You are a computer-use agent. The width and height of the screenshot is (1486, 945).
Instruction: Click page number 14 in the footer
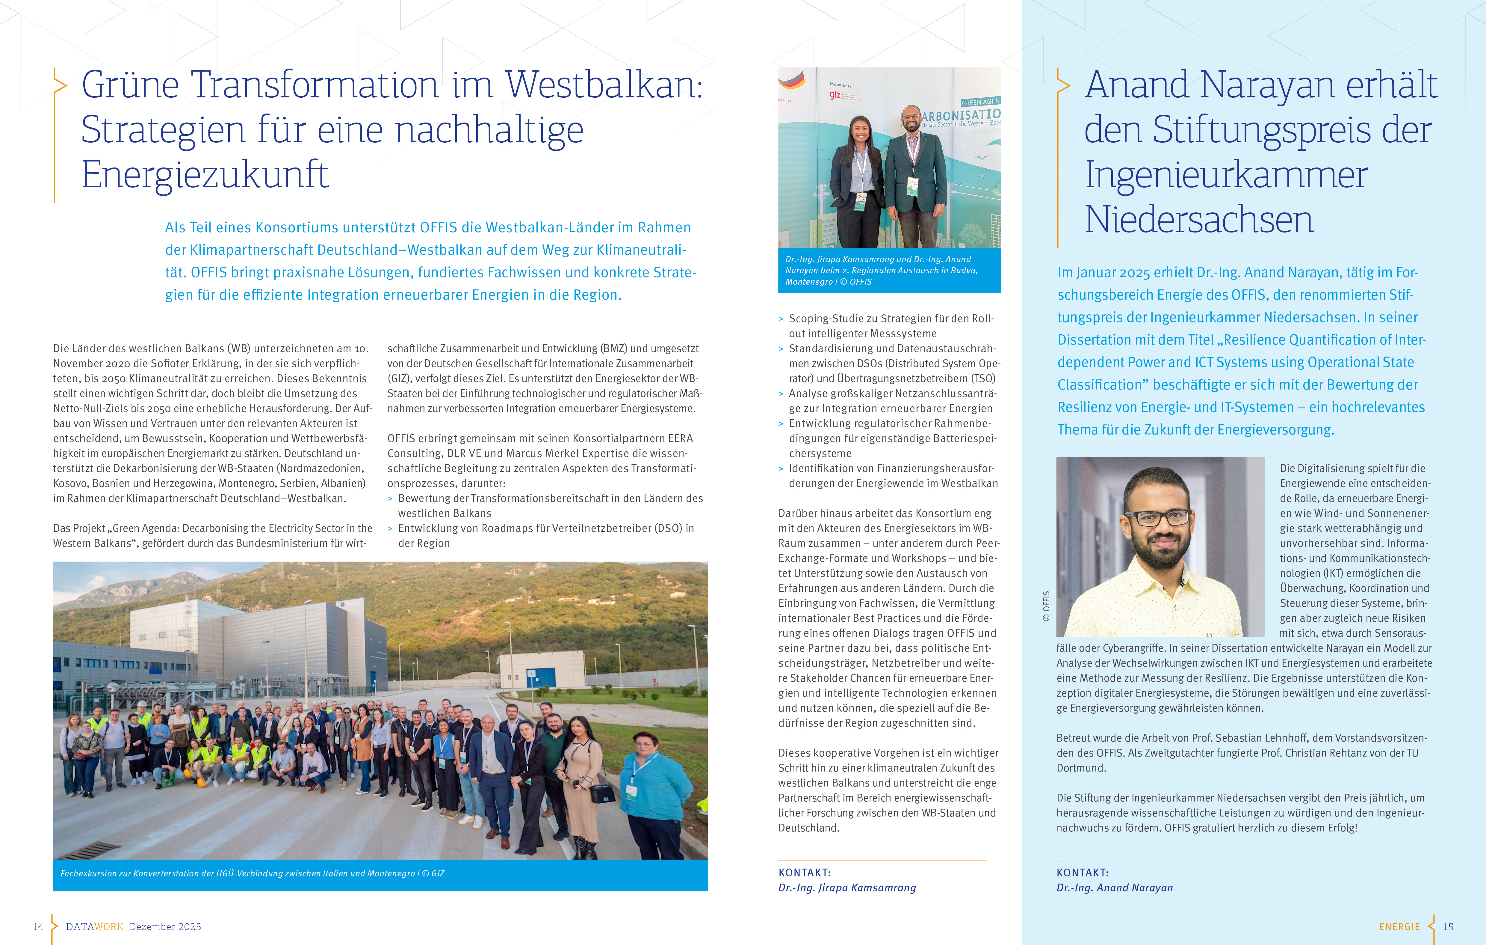click(38, 926)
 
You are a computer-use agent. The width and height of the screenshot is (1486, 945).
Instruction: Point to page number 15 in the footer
click(1448, 926)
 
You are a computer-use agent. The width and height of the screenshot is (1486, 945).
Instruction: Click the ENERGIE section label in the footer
click(1399, 926)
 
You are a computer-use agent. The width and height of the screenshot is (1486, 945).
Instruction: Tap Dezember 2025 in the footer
click(165, 926)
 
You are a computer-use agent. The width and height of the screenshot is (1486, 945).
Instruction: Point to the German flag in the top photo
click(791, 79)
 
